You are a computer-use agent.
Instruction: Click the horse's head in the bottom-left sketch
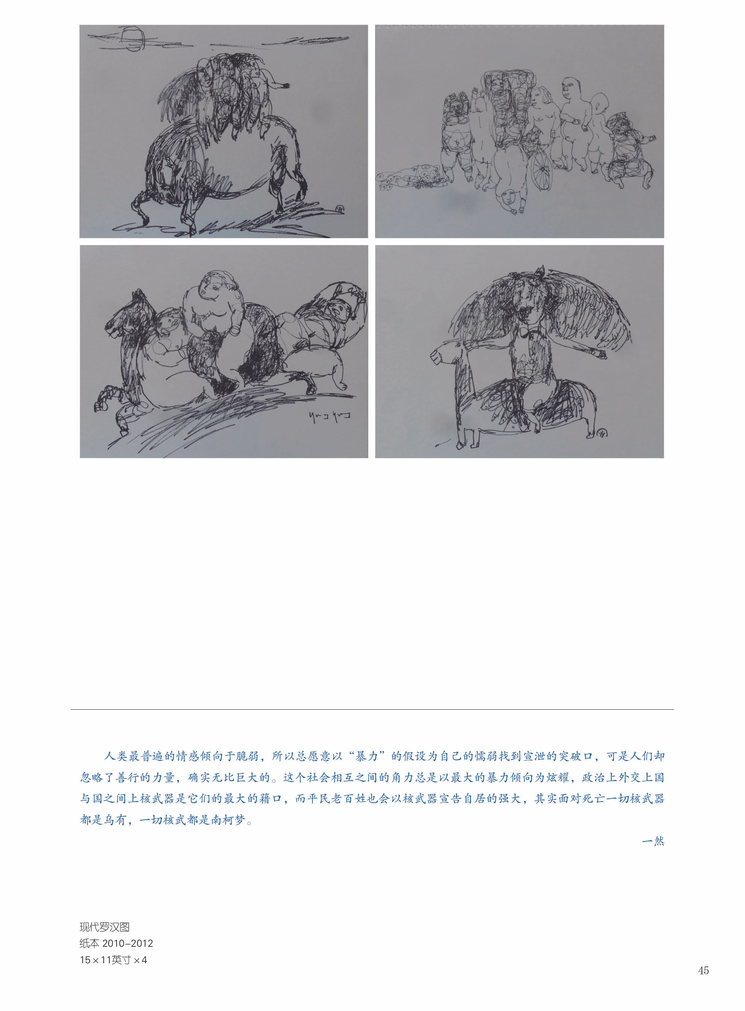[121, 318]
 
